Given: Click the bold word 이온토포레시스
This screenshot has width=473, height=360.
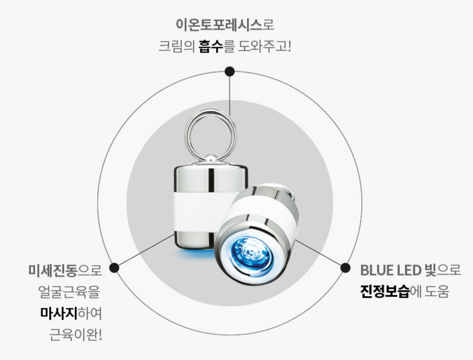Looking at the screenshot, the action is [x=218, y=24].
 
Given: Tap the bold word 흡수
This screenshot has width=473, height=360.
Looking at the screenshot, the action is [x=211, y=47].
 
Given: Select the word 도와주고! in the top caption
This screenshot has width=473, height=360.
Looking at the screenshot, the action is [x=265, y=47].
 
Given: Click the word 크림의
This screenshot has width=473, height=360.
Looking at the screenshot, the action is [x=177, y=47].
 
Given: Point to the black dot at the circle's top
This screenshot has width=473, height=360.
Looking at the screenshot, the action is [x=230, y=72].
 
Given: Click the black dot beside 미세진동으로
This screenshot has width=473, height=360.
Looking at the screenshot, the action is [x=114, y=268].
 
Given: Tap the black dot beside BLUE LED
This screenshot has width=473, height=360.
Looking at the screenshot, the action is [x=345, y=268].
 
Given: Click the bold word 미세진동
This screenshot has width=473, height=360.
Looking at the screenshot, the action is [x=53, y=270].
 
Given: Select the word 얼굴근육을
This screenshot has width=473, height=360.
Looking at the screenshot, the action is [x=69, y=292].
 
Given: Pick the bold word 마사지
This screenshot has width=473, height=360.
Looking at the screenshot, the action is [x=59, y=313].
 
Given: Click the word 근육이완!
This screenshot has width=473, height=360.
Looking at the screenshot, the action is [x=75, y=335].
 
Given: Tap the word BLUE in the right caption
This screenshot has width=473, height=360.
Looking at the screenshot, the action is [x=376, y=270].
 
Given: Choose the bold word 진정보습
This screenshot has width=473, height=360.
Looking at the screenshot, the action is [x=385, y=292].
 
